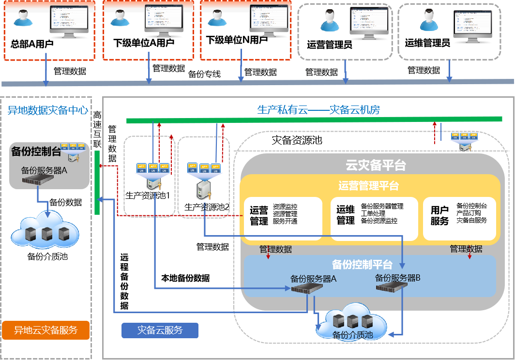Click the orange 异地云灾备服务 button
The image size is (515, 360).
[x=45, y=330]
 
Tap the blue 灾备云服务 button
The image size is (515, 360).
[x=160, y=330]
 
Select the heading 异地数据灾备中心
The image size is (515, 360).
[x=48, y=111]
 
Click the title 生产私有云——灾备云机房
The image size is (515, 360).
[x=318, y=110]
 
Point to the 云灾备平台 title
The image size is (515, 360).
[x=376, y=165]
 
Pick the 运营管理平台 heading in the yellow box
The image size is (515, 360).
[x=369, y=186]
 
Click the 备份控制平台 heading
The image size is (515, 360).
[x=362, y=265]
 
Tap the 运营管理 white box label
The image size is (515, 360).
[x=259, y=216]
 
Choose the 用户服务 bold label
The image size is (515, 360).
[x=439, y=215]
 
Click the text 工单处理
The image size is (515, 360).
[x=373, y=213]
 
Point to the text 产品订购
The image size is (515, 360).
[x=469, y=213]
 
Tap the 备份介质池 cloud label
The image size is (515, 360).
[x=353, y=335]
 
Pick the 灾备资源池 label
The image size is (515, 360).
[x=297, y=141]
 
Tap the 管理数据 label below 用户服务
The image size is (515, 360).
[x=466, y=249]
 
